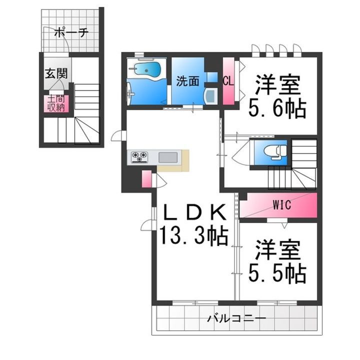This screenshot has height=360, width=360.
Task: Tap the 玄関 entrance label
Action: coord(56,73)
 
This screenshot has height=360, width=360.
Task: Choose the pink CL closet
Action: coord(228,81)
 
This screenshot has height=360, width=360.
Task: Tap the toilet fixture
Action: coord(273,149)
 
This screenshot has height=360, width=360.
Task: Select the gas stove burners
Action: coord(140,157)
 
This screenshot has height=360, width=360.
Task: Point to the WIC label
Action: coord(282,204)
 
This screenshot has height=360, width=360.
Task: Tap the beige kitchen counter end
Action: coord(184,160)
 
